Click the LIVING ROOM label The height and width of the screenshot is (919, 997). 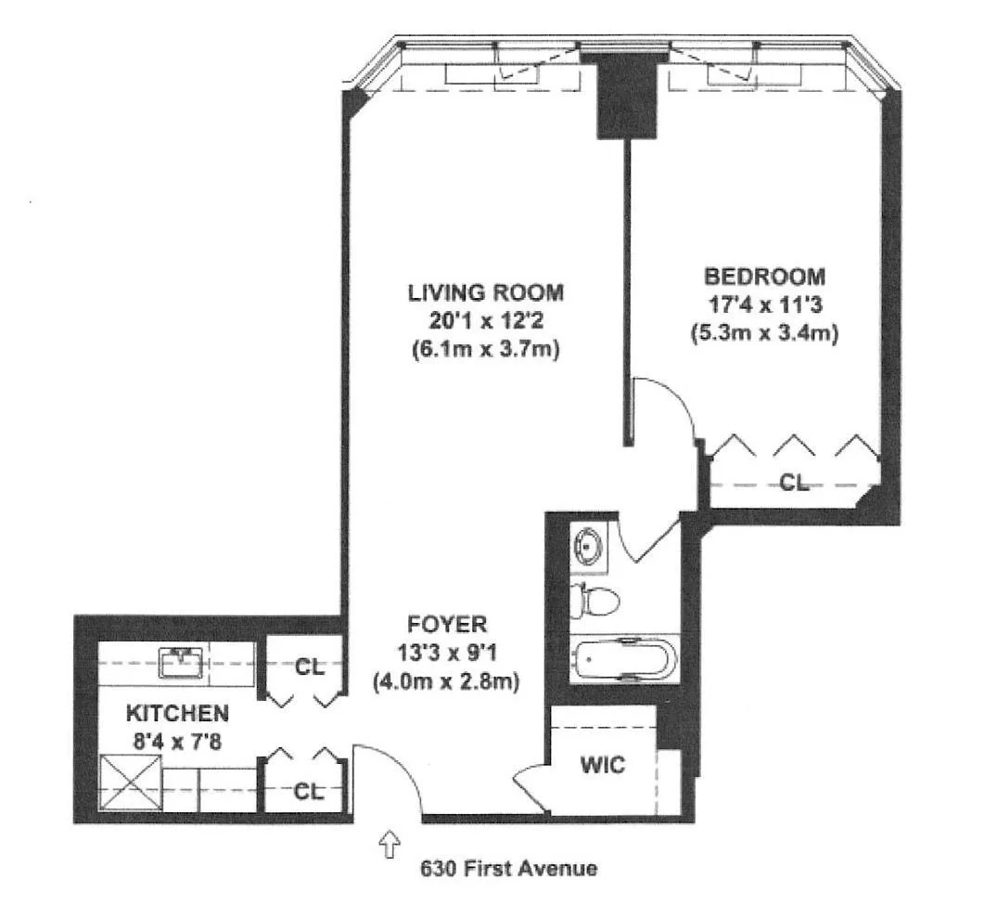pos(485,292)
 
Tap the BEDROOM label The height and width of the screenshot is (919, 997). pos(764,276)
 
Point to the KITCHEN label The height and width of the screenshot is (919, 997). pos(177,713)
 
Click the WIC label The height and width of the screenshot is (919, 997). pos(602,766)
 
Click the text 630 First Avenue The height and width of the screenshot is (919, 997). pos(508,870)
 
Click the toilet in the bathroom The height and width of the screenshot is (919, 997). pos(590,601)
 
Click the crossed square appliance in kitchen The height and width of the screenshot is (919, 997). pos(129,783)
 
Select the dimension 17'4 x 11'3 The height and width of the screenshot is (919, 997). pos(764,304)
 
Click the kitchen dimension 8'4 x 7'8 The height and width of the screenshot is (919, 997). pos(177,741)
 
